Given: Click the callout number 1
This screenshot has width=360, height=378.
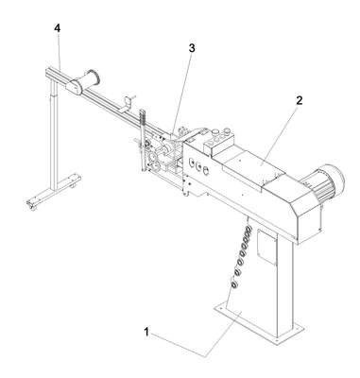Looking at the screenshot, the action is point(146,332).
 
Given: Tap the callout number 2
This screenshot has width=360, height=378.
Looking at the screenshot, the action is point(300,100).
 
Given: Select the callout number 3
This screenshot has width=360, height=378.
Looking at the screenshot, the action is point(192,48).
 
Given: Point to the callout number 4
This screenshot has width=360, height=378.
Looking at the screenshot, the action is point(57,28).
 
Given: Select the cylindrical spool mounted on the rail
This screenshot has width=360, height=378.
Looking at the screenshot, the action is point(85,80).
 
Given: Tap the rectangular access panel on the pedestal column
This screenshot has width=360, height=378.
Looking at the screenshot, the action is point(267,246).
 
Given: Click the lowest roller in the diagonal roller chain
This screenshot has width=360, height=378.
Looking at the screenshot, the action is point(234,284).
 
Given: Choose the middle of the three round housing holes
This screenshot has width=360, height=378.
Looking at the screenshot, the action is point(198,166).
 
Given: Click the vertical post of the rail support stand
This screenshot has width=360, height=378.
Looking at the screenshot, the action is point(55,135).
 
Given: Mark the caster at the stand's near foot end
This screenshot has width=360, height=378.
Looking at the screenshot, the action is point(32,206).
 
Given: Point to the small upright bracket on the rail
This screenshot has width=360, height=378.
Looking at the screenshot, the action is point(129,104).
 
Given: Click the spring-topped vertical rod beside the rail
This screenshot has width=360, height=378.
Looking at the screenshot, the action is point(143,140).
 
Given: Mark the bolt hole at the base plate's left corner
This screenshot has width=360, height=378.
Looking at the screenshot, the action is point(220,305).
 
